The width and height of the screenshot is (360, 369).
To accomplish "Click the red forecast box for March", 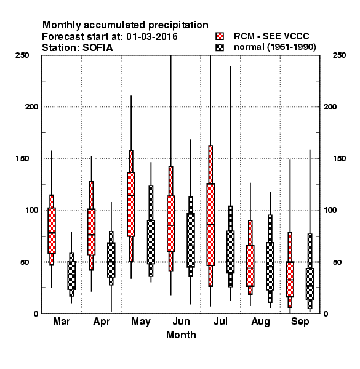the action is pos(52,231).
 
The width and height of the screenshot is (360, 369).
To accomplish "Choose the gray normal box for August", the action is pos(270,266).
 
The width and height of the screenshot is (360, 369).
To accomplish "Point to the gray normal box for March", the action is pos(71,276).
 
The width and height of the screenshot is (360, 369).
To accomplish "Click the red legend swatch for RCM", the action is pos(220,36).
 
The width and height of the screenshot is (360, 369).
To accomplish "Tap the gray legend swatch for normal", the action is pos(220,47).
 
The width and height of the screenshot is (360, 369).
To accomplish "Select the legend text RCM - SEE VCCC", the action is pos(271,36).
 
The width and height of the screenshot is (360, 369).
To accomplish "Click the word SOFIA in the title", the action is pos(97,48).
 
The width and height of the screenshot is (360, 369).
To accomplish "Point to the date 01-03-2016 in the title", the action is pos(152,37).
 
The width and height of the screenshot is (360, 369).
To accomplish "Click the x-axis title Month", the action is pos(181,335).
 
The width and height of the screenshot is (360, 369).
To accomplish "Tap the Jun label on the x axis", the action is pos(181,322).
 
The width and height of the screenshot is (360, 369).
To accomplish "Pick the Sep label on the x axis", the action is pos(300,322).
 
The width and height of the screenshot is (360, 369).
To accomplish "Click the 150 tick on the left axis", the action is pos(22,159).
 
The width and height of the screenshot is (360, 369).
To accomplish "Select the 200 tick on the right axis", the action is pos(330,107).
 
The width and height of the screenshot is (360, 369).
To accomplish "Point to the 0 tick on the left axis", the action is pos(36,314).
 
